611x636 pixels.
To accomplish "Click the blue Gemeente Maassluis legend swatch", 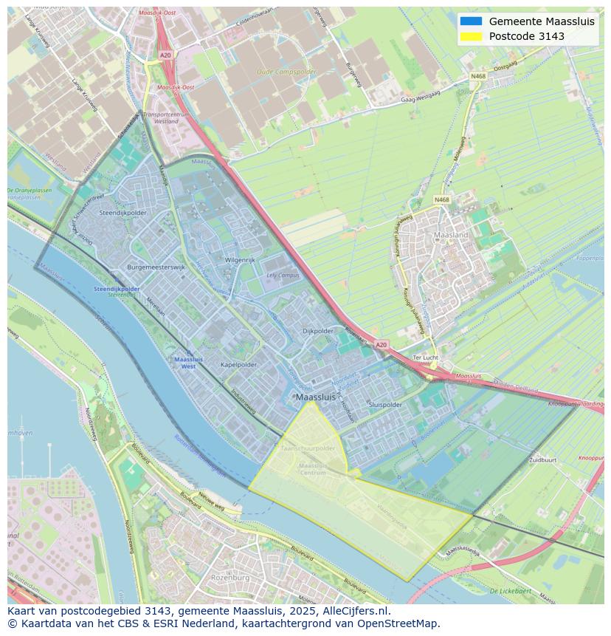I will point(470,21).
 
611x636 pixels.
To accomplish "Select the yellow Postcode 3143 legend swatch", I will point(470,36).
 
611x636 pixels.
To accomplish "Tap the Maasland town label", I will point(451,235).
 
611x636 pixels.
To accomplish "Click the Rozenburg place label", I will point(230,578).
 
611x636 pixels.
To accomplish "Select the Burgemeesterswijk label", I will point(156,267).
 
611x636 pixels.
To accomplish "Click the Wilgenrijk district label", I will point(240,261).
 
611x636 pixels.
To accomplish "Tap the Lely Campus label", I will point(283,276).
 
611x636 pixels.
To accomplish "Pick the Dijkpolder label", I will point(318,332).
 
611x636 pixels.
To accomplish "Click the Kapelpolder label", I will point(238,365).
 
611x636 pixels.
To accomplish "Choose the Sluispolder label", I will point(385,405).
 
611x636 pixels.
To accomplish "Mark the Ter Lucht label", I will point(426,358).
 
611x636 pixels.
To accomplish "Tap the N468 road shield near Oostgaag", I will point(479,76).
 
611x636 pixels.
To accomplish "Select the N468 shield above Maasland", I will point(441,199).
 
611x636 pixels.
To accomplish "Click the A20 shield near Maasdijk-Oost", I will point(165,55).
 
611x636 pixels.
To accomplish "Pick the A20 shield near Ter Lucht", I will point(381,344).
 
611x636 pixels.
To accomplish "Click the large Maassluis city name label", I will point(314,397).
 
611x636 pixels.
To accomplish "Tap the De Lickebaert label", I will point(509,591).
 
